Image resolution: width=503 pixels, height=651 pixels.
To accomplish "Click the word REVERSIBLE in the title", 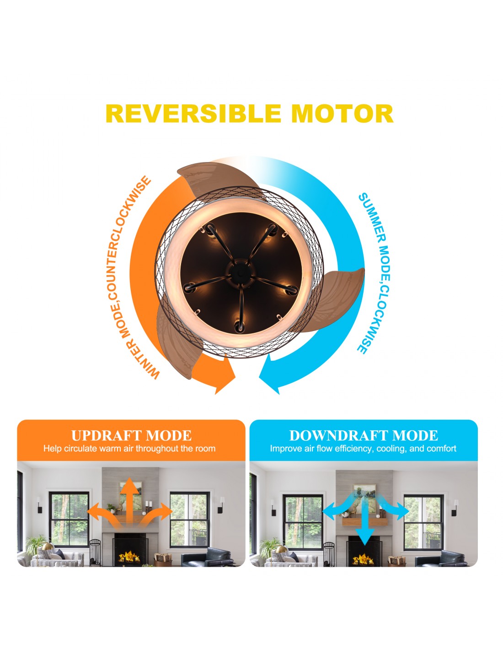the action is click(x=193, y=114).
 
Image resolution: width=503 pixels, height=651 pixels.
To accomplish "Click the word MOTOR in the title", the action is click(x=342, y=114).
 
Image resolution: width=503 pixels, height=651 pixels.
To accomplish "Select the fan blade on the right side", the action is click(x=335, y=299).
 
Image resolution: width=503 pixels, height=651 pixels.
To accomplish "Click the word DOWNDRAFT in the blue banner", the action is click(x=338, y=435).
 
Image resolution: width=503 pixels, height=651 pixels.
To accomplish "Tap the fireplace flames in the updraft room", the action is click(x=129, y=557).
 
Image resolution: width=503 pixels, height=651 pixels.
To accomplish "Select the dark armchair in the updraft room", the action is click(x=207, y=557).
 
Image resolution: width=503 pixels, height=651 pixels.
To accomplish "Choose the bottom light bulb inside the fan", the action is click(x=239, y=326).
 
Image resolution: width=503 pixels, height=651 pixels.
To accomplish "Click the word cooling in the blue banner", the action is click(x=391, y=449).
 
